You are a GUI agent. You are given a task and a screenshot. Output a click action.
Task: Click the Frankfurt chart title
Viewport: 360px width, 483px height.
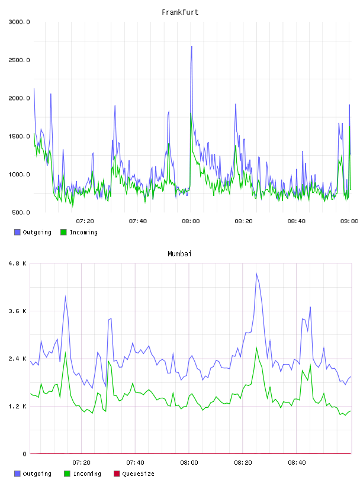180,12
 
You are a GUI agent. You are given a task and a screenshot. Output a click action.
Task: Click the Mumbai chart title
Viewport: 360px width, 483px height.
179,254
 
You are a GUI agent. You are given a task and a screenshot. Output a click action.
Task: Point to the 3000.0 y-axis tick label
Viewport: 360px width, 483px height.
19,22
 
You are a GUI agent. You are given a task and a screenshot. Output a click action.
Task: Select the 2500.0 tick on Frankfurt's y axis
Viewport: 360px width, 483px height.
19,60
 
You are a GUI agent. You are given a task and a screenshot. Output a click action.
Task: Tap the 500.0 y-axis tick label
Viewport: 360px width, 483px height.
21,212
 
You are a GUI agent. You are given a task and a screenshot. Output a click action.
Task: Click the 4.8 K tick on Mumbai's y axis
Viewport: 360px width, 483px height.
18,263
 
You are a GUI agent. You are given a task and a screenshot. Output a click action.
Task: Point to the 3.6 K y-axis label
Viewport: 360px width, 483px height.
18,311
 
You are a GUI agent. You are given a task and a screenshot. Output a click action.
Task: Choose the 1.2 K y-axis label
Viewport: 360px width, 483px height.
18,406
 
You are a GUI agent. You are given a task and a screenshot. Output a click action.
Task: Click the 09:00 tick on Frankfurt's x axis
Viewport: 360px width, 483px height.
349,221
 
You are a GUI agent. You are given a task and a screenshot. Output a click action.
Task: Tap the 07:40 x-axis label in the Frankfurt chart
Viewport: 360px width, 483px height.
138,221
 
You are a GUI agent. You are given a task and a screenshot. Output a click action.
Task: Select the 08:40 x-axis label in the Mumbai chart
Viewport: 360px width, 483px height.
297,463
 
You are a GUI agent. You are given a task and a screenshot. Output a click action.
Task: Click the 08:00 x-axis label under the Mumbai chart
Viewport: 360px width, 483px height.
189,463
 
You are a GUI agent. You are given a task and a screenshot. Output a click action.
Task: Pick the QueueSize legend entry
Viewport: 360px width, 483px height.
134,474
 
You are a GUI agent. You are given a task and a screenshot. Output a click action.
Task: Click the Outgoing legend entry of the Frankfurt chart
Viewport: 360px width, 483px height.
33,232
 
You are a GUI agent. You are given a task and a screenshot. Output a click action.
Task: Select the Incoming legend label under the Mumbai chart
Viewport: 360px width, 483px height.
82,474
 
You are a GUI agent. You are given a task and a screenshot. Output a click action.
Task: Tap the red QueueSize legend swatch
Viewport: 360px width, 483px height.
117,474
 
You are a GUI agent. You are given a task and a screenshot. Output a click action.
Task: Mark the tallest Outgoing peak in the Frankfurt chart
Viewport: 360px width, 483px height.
192,47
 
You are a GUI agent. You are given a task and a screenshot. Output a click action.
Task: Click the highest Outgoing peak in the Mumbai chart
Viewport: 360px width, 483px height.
256,273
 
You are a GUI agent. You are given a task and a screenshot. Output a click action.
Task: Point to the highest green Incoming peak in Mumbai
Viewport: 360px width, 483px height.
256,348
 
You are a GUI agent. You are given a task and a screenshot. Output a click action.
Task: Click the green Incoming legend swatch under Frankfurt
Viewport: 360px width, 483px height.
63,232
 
